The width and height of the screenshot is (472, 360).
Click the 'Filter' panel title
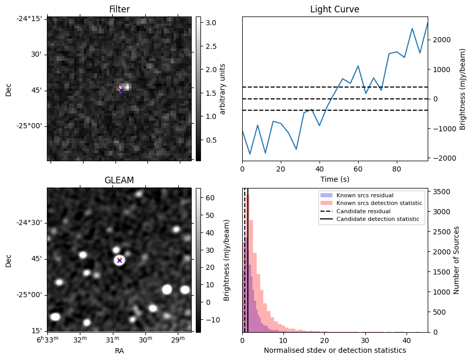[119, 9]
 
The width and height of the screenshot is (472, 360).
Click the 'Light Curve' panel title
[334, 9]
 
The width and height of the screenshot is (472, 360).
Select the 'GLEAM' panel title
[119, 180]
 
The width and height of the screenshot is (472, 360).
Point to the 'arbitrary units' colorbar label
[223, 89]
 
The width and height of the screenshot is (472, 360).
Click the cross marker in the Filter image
[121, 91]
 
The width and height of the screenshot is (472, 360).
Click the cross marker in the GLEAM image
[120, 261]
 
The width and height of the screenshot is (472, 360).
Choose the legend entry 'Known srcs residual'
[365, 196]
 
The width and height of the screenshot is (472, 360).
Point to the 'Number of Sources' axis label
[457, 260]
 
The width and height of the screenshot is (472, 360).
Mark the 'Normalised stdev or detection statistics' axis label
[334, 350]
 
